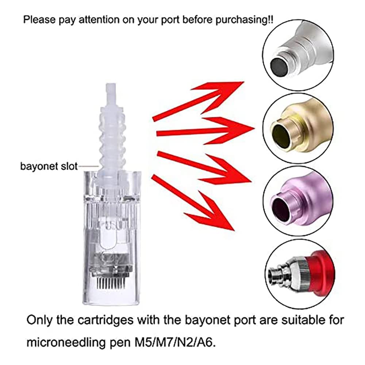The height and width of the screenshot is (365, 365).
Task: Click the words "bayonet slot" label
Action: pos(49,166)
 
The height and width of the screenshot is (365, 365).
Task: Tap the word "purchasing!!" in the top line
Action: pos(245,20)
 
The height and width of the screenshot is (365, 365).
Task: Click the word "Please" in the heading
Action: pos(39,20)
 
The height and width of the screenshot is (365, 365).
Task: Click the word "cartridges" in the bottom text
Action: pos(105,320)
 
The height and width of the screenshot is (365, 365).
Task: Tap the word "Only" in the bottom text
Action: pos(39,320)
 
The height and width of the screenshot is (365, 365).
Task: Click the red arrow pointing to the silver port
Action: pos(198,101)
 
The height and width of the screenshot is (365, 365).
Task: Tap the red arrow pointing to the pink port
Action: pos(204,168)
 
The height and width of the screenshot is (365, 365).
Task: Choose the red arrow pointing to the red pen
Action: pos(193,203)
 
